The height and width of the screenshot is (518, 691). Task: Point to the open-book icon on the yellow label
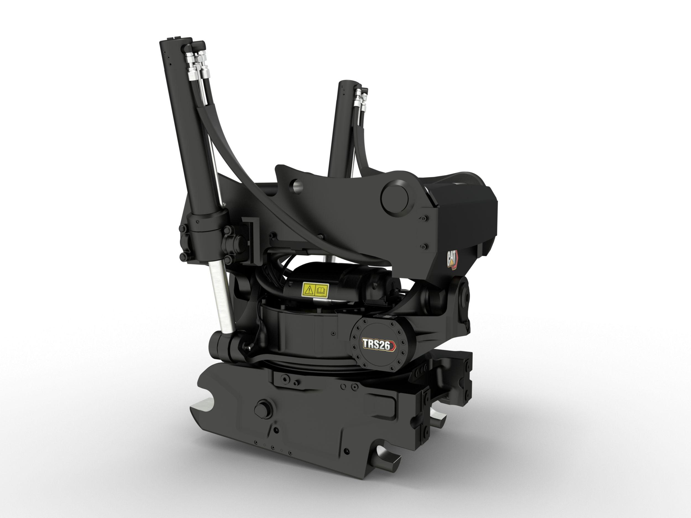(x=321, y=290)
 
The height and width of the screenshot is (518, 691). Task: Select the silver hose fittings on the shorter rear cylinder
(x=360, y=100)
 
